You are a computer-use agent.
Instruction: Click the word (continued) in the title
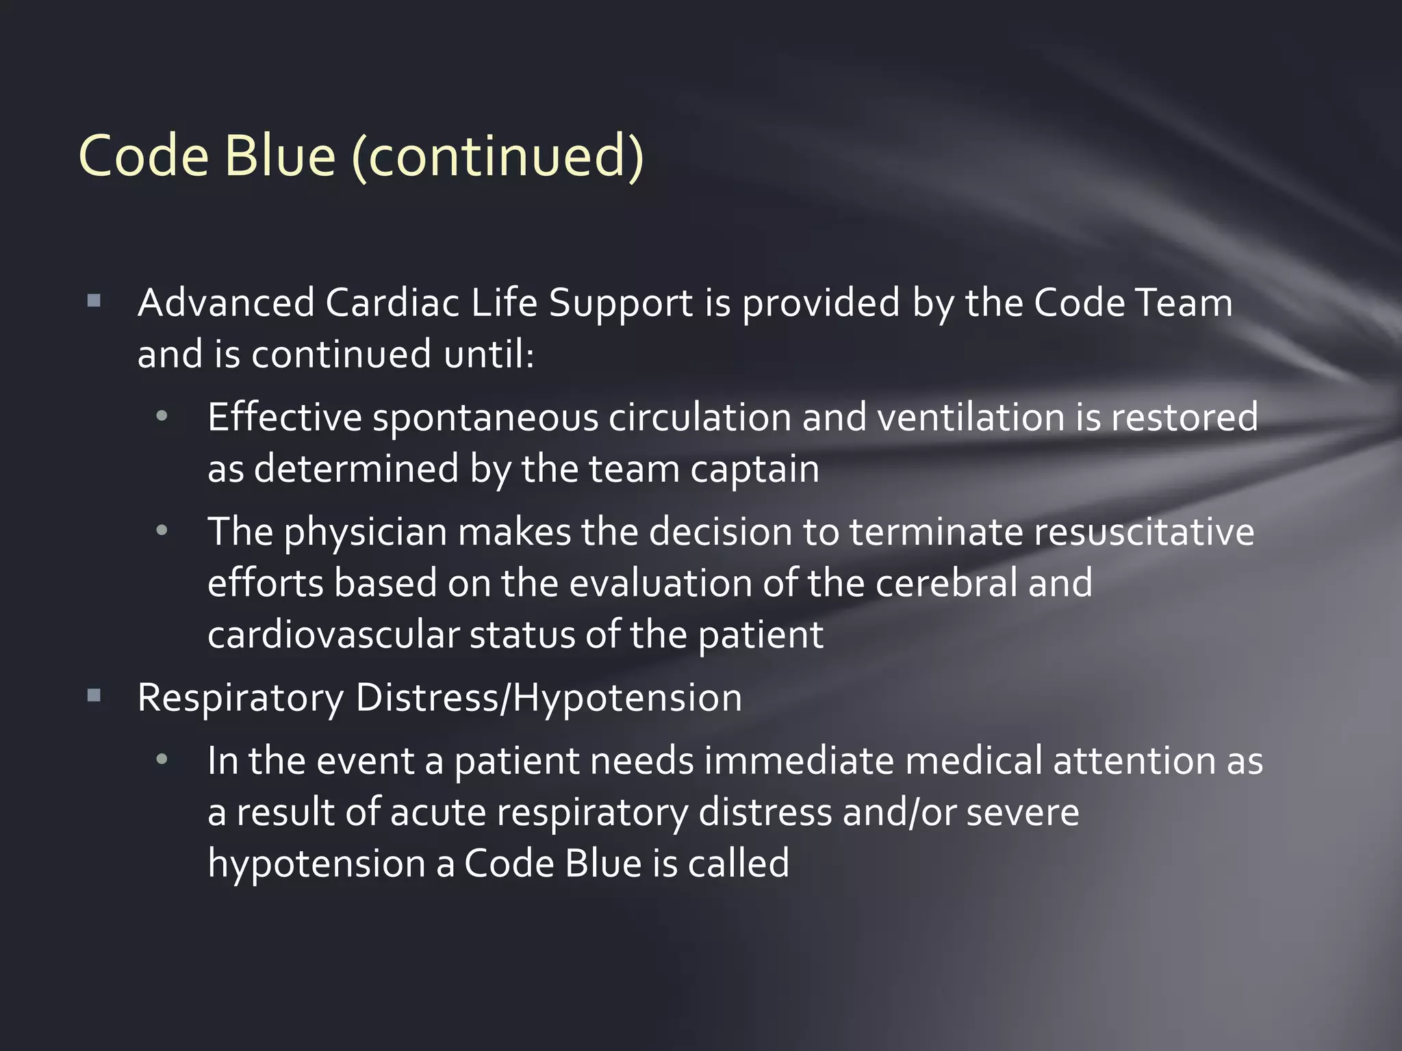click(x=498, y=156)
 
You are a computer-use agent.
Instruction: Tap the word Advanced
click(x=226, y=302)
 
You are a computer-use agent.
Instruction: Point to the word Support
click(x=621, y=304)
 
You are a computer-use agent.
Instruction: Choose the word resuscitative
click(x=1144, y=532)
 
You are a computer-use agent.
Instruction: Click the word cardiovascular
click(x=333, y=635)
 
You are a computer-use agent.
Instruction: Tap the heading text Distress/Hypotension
click(x=548, y=698)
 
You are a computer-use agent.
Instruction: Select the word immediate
click(x=799, y=761)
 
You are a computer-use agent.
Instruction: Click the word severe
click(x=1022, y=812)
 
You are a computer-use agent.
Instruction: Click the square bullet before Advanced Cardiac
click(x=94, y=301)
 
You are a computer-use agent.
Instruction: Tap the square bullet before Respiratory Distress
click(x=94, y=697)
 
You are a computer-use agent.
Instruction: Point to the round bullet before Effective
click(x=162, y=416)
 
